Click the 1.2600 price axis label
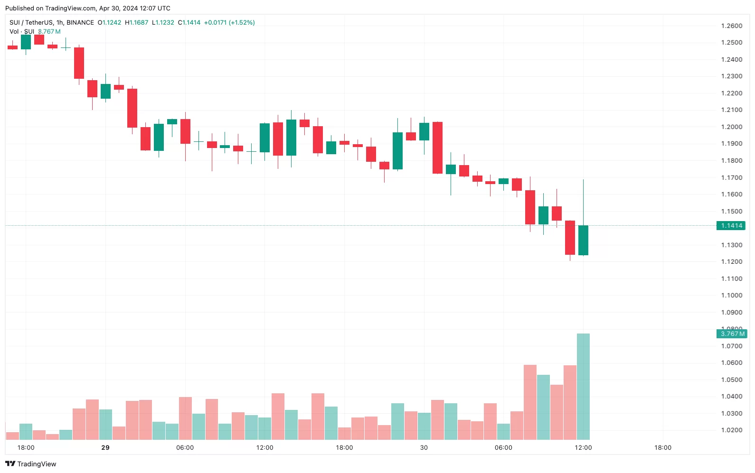point(731,26)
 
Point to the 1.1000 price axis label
point(731,295)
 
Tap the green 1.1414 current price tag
point(731,225)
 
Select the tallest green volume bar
point(583,386)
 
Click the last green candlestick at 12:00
point(583,240)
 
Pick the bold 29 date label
point(105,447)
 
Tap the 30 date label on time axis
point(424,447)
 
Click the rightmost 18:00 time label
point(663,447)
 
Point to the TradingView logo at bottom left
point(31,464)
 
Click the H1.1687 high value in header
point(137,22)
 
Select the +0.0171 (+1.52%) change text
point(229,22)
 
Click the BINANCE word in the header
point(80,22)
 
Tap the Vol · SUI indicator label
point(22,31)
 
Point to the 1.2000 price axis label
point(731,127)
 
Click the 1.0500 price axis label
point(731,380)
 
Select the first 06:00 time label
point(185,447)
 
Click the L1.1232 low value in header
point(163,22)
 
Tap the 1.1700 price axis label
point(731,177)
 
